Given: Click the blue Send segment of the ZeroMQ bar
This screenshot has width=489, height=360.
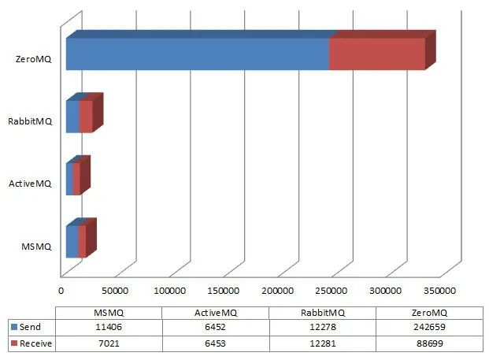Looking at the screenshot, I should click(x=197, y=54).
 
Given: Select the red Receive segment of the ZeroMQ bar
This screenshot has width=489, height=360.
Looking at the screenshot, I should click(x=376, y=54).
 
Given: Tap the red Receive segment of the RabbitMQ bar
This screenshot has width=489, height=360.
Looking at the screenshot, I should click(x=86, y=117).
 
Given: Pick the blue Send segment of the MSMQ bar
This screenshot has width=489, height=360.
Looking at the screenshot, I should click(x=72, y=241).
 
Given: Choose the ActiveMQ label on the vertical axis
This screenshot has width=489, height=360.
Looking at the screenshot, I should click(x=30, y=184).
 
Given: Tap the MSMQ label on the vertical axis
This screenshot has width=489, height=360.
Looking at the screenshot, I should click(x=36, y=247).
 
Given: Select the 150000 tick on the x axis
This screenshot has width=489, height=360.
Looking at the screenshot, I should click(x=224, y=290).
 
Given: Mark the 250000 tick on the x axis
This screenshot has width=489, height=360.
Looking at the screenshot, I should click(x=332, y=290).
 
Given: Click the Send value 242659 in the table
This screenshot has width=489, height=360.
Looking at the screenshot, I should click(x=429, y=327).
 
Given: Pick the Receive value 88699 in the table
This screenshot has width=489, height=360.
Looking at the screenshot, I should click(x=429, y=343).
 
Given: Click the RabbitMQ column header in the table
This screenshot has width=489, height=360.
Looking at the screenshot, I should click(x=322, y=312).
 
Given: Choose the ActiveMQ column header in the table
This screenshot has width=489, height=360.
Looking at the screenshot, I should click(x=215, y=312).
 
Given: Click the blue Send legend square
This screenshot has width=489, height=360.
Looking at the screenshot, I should click(x=14, y=327).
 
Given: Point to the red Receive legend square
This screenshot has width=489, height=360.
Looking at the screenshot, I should click(x=14, y=343).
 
